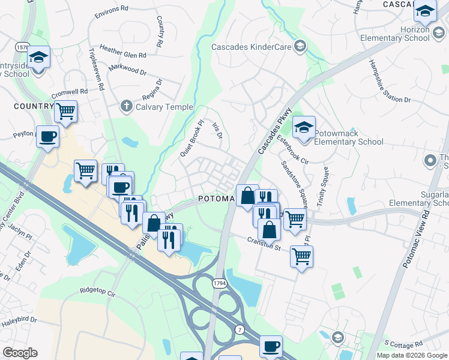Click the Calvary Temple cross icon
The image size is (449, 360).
coord(126,106)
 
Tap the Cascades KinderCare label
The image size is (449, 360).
coord(252,47)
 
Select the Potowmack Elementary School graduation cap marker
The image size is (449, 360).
coord(304,128)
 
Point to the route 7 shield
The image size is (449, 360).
coord(240,329)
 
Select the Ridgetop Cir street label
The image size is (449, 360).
coord(97,291)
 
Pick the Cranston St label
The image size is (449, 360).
coord(264,244)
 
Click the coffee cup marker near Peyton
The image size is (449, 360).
coord(47,136)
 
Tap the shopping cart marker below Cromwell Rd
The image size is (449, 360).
coord(65,110)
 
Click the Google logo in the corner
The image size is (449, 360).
coord(20,353)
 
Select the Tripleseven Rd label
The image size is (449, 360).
coord(96,70)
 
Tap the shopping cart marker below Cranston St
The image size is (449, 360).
coord(301,256)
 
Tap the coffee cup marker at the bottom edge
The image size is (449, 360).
coord(271,346)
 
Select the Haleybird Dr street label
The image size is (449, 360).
coord(18,322)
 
